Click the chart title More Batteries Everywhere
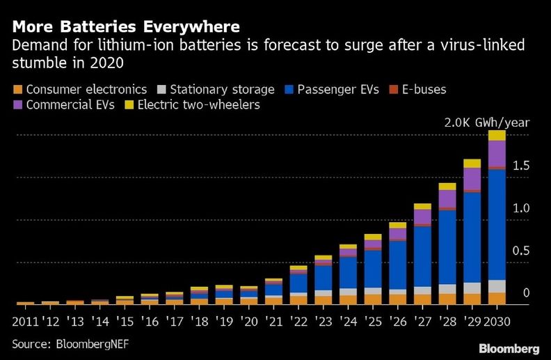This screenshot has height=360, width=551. [x=126, y=27]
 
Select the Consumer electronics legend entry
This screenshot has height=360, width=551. [x=79, y=89]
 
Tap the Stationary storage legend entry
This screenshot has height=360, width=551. [x=218, y=89]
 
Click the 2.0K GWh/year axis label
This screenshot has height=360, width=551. [x=487, y=123]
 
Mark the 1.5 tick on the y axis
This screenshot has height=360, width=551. [x=521, y=166]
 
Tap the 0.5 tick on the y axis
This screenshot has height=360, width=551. [x=521, y=251]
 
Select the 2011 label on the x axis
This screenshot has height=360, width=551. [x=26, y=322]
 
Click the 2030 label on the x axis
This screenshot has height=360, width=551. [x=497, y=322]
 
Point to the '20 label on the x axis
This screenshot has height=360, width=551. [x=248, y=322]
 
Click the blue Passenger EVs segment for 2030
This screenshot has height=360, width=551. [x=497, y=223]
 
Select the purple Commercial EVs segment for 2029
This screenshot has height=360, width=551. [x=472, y=178]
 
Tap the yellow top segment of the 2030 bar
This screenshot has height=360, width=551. [x=497, y=135]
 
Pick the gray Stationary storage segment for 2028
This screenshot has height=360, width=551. [x=447, y=289]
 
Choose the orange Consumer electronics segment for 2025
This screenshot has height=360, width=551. [x=373, y=299]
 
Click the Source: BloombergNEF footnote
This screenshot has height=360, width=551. [x=70, y=345]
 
